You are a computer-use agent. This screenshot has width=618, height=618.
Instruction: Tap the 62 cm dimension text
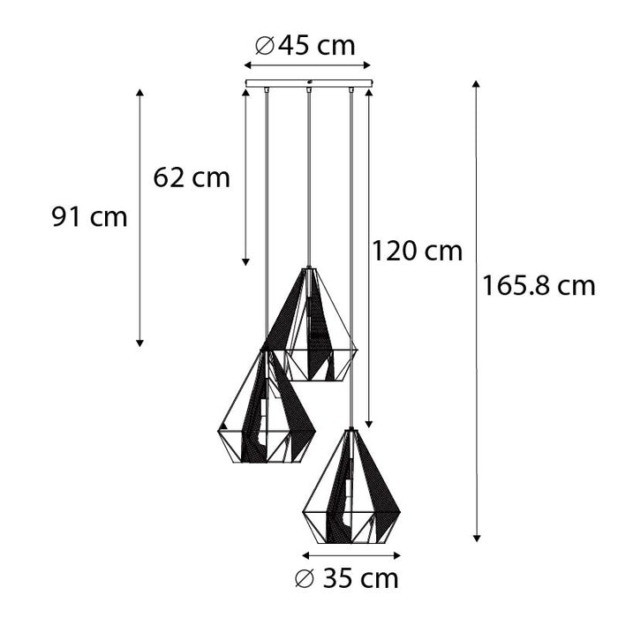click(x=192, y=177)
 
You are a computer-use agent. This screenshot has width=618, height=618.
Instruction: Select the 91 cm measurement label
click(x=89, y=216)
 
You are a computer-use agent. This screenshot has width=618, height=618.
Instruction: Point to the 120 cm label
click(x=417, y=251)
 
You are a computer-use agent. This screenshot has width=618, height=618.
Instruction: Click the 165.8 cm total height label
click(x=539, y=285)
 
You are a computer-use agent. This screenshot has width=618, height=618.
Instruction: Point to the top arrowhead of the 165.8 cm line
click(x=476, y=84)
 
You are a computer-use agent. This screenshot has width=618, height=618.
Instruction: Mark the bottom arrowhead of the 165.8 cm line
click(x=476, y=537)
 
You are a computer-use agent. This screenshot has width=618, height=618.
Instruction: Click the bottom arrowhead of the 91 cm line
click(x=139, y=343)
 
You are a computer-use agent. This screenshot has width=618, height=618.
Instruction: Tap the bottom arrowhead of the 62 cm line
click(x=246, y=262)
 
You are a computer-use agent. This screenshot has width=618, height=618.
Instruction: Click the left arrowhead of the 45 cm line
click(x=247, y=66)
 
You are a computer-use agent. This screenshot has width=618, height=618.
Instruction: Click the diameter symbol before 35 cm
click(x=304, y=579)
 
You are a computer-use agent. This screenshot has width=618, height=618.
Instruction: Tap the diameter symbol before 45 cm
click(x=263, y=46)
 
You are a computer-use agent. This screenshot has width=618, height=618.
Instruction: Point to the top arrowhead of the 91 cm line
click(x=139, y=92)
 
